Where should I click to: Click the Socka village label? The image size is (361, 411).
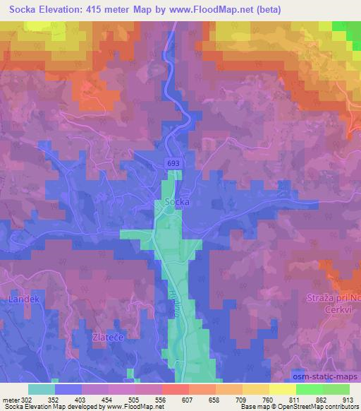tap(177, 201)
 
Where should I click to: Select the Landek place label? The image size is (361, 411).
tap(20, 299)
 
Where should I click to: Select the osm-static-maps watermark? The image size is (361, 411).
tap(324, 374)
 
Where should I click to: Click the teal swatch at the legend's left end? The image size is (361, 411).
tap(42, 388)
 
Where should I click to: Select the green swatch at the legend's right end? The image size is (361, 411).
tap(336, 388)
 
